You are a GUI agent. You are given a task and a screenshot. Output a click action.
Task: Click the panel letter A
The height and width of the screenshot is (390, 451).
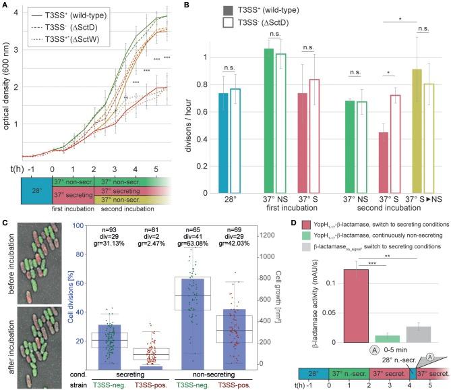pos(6,5)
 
